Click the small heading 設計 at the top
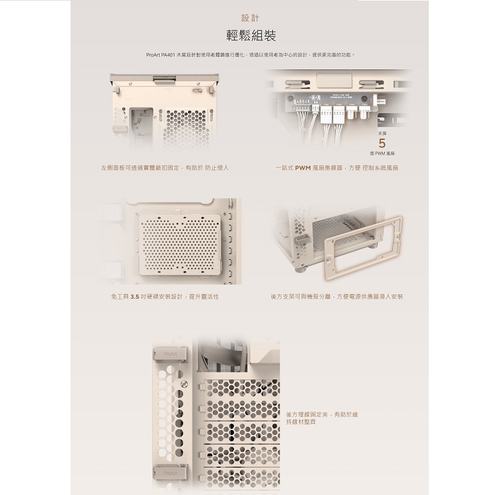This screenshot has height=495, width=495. point(247,18)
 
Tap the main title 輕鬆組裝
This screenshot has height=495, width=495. point(247,35)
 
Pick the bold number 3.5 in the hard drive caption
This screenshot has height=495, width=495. point(137,297)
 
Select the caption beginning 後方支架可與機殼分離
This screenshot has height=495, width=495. point(337,297)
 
